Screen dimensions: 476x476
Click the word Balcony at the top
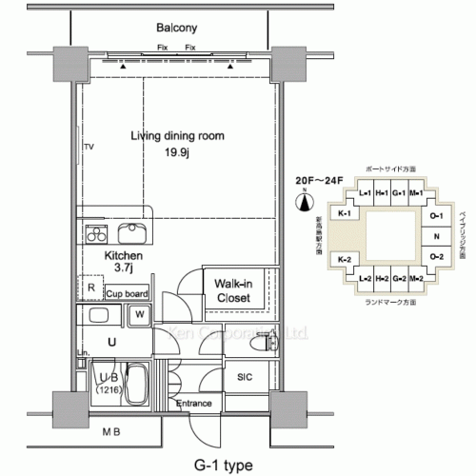pos(176,30)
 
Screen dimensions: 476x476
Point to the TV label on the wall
pos(89,147)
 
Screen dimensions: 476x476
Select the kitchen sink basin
pos(131,233)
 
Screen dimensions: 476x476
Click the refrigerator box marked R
pos(89,287)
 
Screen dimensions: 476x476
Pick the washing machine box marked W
pos(139,314)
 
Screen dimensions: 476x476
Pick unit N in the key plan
pos(435,235)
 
